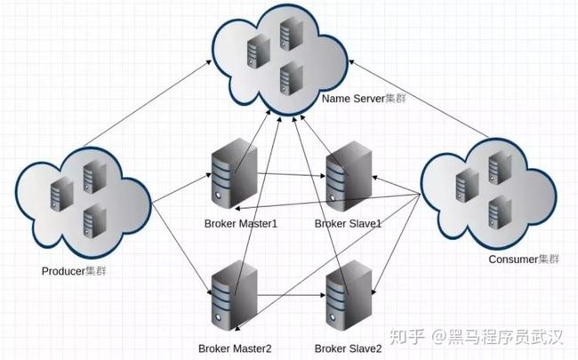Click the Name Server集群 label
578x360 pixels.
364,99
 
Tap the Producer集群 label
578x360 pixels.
74,271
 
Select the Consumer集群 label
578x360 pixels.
524,259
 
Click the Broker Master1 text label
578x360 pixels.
241,224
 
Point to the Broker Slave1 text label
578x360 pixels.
348,224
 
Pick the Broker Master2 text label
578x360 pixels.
235,348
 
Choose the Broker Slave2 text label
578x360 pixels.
348,348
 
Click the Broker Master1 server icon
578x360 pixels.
235,173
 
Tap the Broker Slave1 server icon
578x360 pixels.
349,176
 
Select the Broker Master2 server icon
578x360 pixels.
235,295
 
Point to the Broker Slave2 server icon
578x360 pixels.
349,295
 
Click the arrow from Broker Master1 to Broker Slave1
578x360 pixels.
292,174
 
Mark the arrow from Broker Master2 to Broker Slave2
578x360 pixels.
292,295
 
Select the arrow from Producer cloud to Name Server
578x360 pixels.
148,103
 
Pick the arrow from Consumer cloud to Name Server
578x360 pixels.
419,100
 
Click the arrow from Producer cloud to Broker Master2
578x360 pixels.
181,250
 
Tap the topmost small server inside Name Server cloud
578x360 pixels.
291,35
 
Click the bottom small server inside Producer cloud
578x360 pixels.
95,221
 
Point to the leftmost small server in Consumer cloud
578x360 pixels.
467,186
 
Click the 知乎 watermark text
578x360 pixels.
407,336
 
